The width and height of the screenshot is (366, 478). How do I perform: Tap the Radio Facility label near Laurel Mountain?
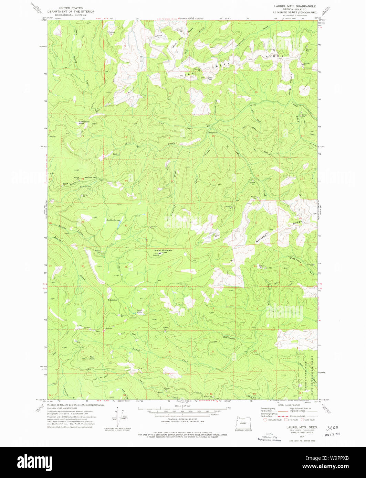click(x=156, y=254)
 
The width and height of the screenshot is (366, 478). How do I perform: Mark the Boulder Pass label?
click(x=91, y=177)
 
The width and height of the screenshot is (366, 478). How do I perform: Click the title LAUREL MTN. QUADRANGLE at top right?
click(x=295, y=6)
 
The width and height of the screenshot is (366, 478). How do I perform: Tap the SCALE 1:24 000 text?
click(x=182, y=406)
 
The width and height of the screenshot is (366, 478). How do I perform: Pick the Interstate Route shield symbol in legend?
click(x=265, y=420)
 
